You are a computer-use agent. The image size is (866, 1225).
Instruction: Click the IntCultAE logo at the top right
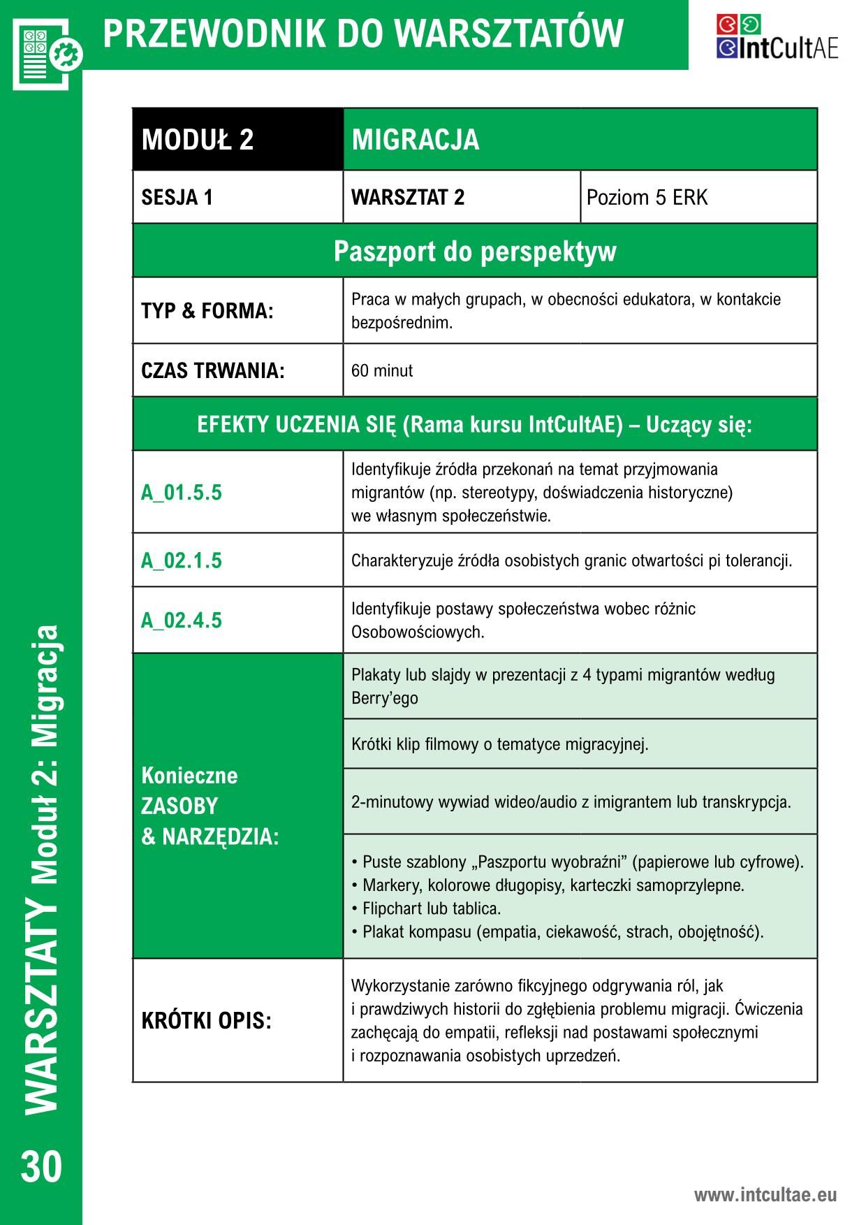coord(777,38)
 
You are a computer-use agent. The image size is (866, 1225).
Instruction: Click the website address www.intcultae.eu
coord(765,1194)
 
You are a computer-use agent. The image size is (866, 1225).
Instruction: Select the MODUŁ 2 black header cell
coord(198,139)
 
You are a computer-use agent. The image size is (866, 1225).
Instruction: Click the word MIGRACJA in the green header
coord(416,139)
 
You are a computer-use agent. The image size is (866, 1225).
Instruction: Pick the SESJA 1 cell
coord(177,198)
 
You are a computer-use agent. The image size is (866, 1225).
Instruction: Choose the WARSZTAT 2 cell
coord(408,198)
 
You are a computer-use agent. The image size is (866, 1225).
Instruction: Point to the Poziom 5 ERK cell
coord(647,198)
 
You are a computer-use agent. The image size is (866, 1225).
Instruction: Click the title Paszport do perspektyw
coord(475,251)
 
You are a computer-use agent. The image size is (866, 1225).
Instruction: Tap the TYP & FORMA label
coord(207,311)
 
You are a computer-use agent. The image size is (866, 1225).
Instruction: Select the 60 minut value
coord(382,370)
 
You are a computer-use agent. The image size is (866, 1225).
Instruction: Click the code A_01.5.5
coord(182,493)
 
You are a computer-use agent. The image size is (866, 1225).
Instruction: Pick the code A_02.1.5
coord(182,560)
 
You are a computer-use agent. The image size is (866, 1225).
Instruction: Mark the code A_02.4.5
coord(182,621)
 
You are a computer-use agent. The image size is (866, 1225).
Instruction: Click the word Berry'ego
coord(385,698)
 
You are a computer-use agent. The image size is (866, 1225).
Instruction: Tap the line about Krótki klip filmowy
coord(500,744)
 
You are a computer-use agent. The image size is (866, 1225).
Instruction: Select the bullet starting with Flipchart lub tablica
coord(428,908)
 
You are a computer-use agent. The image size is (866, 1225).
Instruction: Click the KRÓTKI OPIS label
coord(206,1021)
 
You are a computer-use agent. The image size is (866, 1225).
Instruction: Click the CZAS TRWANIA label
coord(213,370)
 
